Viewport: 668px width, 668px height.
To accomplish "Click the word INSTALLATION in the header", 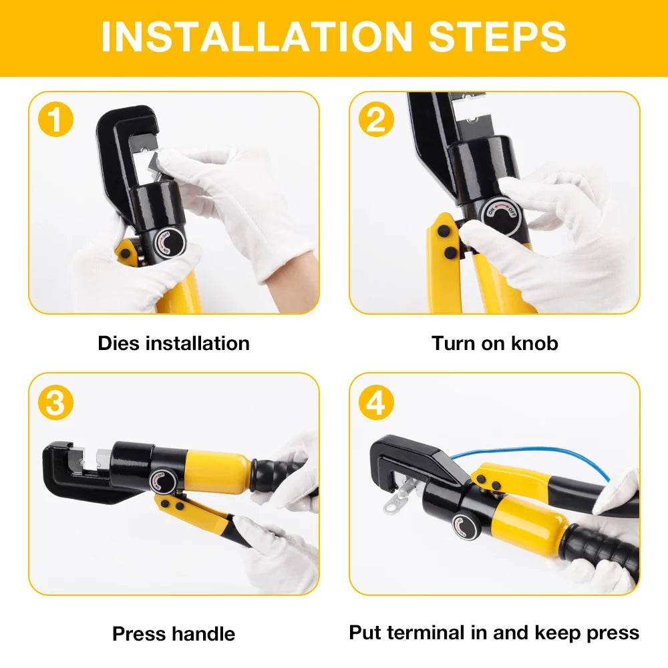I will click(x=258, y=37).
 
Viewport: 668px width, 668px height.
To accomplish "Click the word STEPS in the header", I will click(x=498, y=37).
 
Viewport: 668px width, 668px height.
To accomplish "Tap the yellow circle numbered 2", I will click(x=376, y=120).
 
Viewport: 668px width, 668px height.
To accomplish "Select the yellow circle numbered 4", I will click(x=376, y=403).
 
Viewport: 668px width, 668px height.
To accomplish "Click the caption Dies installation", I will click(x=174, y=343).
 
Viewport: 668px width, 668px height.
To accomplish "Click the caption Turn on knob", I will click(x=494, y=343).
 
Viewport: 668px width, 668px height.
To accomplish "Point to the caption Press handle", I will click(x=174, y=633).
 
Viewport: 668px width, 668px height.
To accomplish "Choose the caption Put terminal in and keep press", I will click(x=494, y=632).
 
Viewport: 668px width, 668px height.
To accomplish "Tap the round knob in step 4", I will click(x=465, y=526).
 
